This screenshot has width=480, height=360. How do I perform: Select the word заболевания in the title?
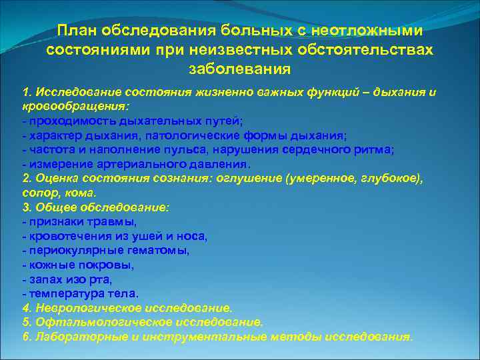coord(239,69)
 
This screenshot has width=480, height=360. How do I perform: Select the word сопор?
coord(37,193)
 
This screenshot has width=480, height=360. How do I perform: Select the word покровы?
coord(109,265)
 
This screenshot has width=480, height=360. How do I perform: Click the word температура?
coord(59,294)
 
